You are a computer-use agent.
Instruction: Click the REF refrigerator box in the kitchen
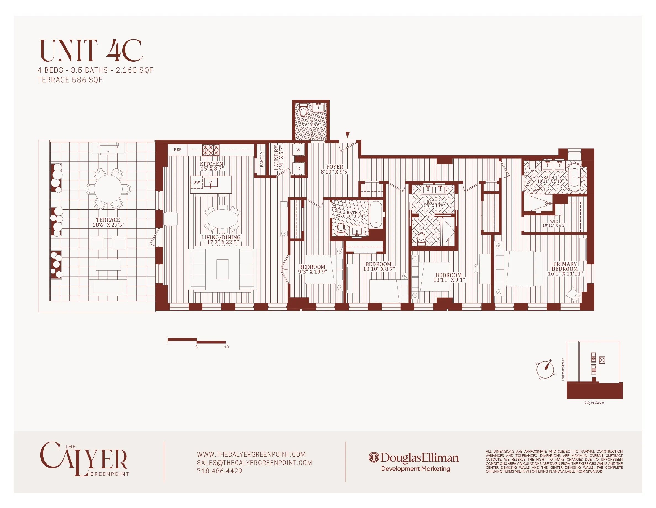pos(178,150)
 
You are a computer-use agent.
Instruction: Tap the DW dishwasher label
pos(196,182)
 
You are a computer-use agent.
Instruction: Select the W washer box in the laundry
pos(298,150)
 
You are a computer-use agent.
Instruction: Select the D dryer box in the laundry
pos(298,168)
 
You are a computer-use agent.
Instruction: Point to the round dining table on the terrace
pos(108,189)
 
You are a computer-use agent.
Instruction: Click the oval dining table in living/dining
pos(222,219)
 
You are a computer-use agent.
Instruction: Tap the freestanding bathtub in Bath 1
pos(574,178)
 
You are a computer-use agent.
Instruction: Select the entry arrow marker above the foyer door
pos(348,134)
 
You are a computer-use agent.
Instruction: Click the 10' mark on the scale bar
pos(227,347)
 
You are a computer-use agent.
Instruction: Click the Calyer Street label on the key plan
pos(594,402)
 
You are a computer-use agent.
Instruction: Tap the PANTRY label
pos(262,159)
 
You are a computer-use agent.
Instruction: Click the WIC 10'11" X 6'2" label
pos(554,223)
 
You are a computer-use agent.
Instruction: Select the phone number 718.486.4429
pos(219,471)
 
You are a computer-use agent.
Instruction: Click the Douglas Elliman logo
pos(414,458)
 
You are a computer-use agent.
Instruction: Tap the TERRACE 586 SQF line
pos(70,80)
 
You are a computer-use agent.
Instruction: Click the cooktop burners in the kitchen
pos(211,150)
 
